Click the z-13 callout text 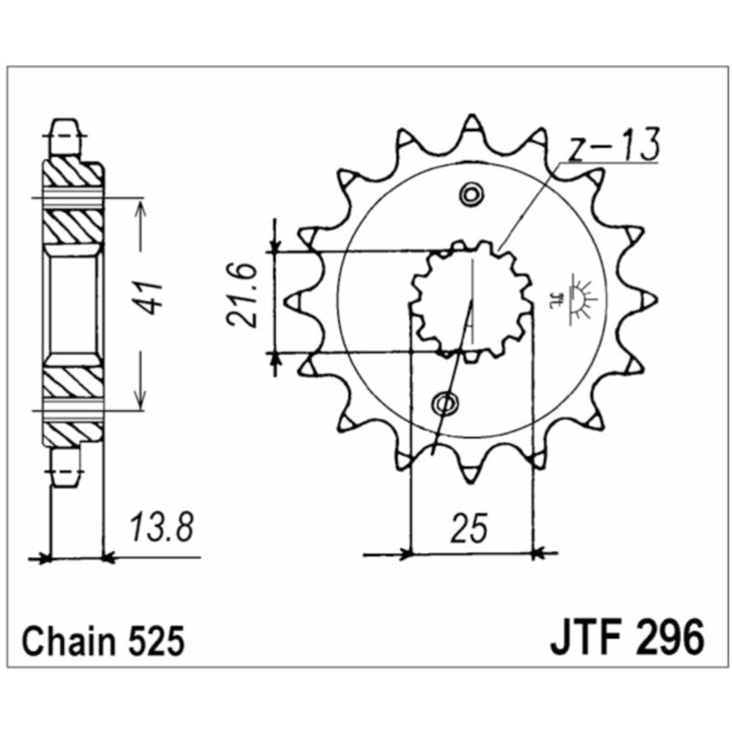click(x=615, y=146)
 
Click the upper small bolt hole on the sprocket click(x=471, y=195)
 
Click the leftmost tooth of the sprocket click(x=290, y=299)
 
